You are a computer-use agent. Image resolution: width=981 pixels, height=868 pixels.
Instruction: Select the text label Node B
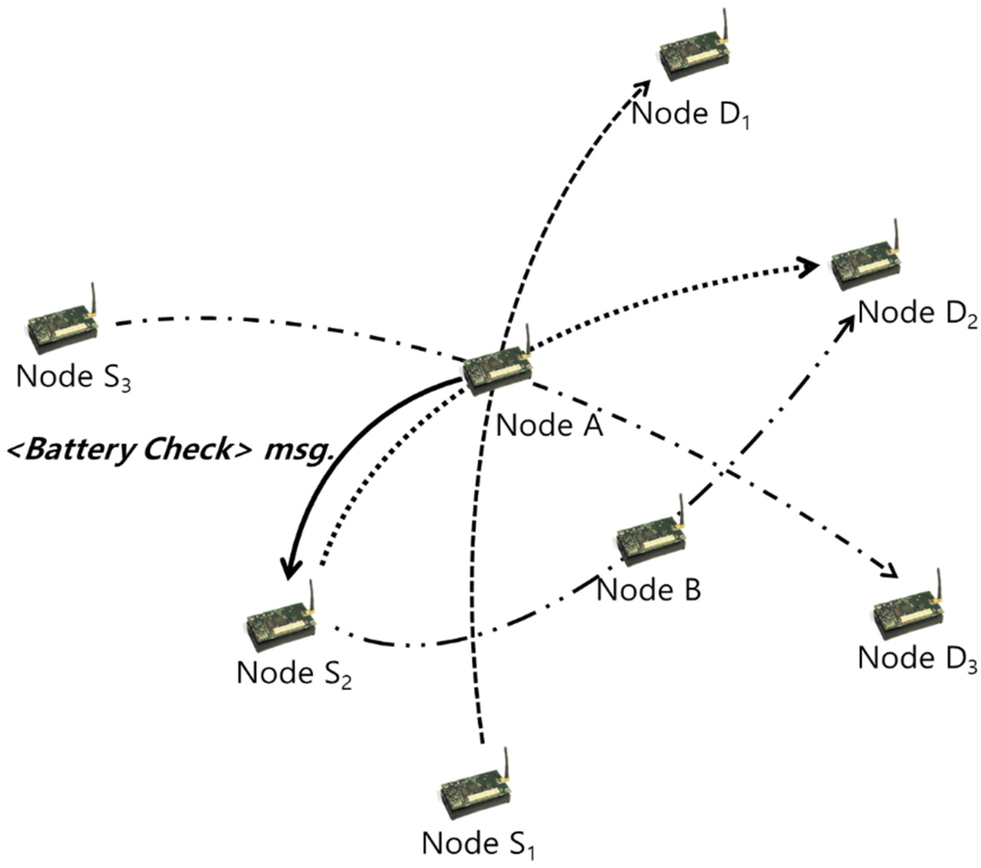pos(649,589)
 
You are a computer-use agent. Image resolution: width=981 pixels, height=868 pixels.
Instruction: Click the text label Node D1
pos(690,115)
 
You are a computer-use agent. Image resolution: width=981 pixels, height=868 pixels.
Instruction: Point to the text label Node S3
pos(73,377)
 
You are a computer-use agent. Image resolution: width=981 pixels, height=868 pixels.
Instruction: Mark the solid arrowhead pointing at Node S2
pos(290,570)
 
